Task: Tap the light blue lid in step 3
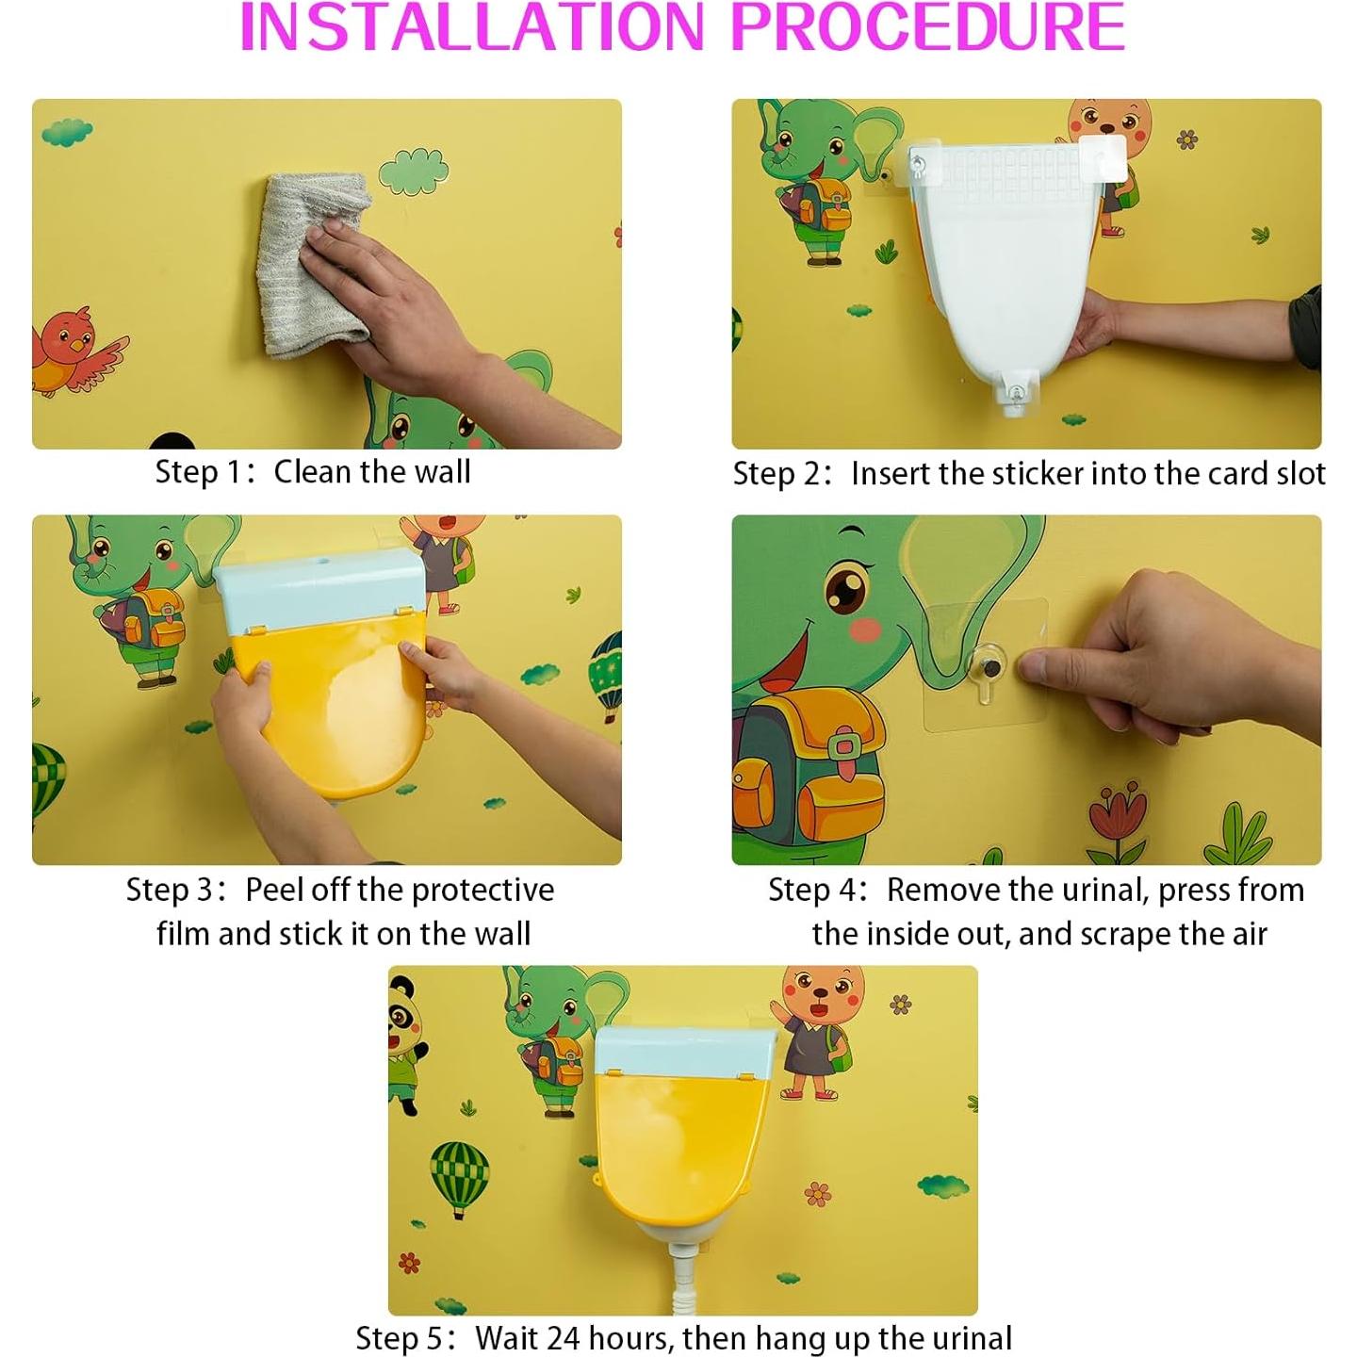click(x=320, y=590)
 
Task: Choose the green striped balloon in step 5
click(x=459, y=1176)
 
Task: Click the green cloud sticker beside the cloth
click(x=414, y=171)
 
